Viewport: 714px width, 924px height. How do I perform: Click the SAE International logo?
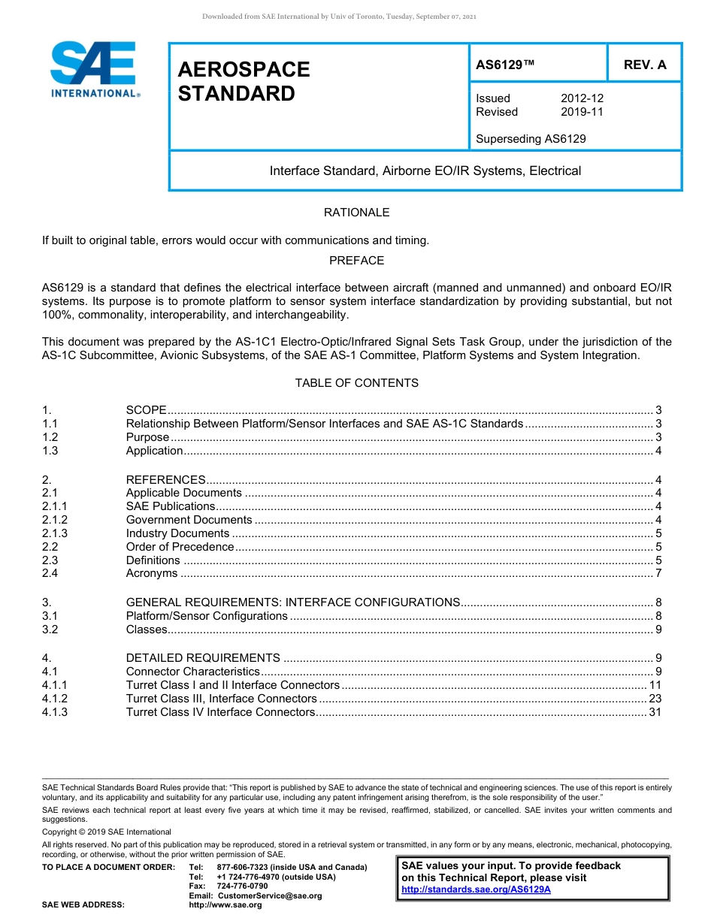pos(94,69)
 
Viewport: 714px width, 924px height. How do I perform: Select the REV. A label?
pos(644,65)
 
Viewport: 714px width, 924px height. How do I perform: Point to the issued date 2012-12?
pos(582,98)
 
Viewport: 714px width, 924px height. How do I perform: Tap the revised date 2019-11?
pos(582,112)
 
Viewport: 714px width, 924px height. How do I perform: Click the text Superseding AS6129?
pos(531,138)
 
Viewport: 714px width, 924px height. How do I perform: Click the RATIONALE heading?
pos(356,213)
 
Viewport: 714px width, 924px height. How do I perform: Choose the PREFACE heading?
pos(356,261)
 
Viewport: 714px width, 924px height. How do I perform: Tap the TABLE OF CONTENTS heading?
pos(356,383)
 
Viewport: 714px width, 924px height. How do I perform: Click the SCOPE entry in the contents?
pos(146,410)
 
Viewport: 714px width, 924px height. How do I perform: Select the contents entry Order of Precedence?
pos(180,547)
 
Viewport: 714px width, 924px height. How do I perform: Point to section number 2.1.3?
pos(55,533)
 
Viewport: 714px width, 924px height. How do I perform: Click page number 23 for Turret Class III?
pos(655,699)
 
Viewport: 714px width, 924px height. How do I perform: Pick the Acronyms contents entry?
pos(152,574)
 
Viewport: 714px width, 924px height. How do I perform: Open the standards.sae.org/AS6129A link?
pos(476,889)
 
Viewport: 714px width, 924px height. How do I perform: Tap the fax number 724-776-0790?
pos(242,886)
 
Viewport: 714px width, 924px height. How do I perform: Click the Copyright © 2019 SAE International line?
pos(107,832)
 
